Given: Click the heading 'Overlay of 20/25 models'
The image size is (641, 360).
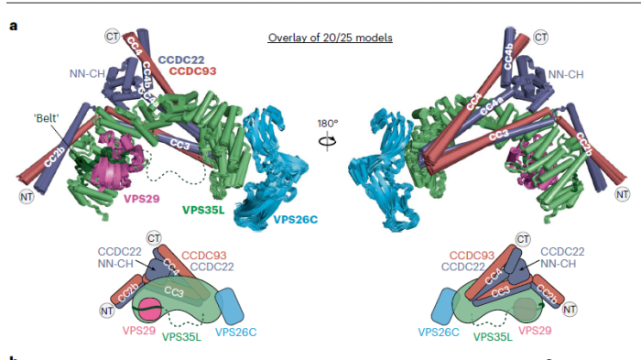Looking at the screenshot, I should (x=331, y=38).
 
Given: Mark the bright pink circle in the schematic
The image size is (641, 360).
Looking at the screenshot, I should (x=150, y=310).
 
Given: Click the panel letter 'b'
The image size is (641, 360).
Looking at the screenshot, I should (x=13, y=356).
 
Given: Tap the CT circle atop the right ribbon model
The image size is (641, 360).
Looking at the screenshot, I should (x=540, y=37).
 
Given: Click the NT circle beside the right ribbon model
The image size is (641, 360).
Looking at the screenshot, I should (x=622, y=194).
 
